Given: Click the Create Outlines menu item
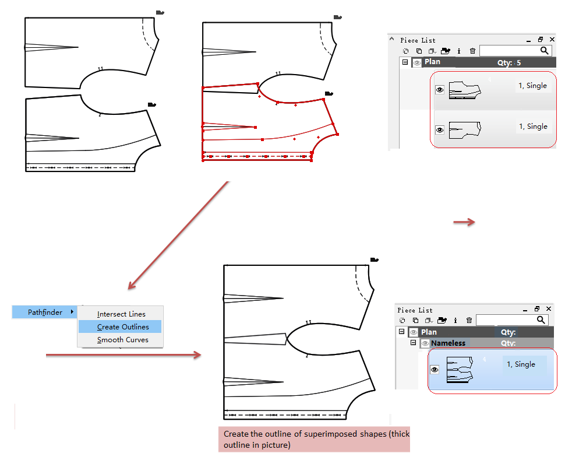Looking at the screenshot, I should click(123, 327).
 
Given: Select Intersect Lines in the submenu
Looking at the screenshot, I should click(121, 314).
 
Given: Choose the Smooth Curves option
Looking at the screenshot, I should click(122, 340).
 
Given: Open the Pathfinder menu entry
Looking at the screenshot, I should click(45, 312).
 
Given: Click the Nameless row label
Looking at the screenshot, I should click(448, 343).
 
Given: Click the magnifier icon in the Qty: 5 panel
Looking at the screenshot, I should click(544, 51).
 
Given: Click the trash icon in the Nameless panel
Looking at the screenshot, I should click(469, 320).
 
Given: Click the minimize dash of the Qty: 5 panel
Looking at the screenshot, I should click(528, 40).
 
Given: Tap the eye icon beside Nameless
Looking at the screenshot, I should click(425, 343).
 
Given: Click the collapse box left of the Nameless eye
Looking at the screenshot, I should click(413, 343).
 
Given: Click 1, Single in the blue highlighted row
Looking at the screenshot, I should click(520, 364).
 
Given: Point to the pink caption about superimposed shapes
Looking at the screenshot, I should click(314, 440).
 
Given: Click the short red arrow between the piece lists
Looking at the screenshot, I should click(464, 222).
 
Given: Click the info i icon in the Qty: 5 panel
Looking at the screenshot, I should click(459, 51).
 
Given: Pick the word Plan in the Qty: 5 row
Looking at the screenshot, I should click(432, 62).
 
